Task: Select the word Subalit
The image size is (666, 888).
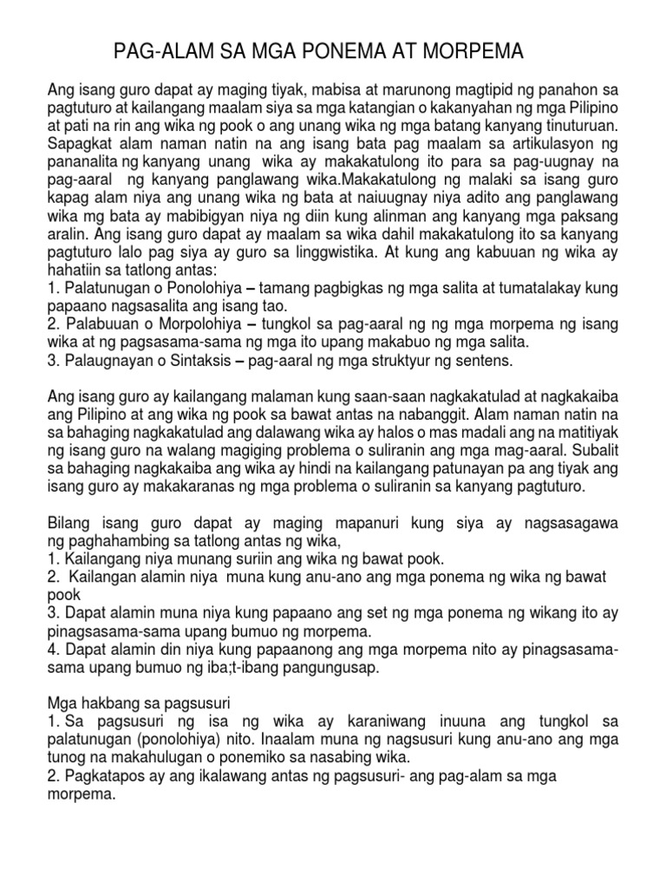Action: pyautogui.click(x=594, y=450)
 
